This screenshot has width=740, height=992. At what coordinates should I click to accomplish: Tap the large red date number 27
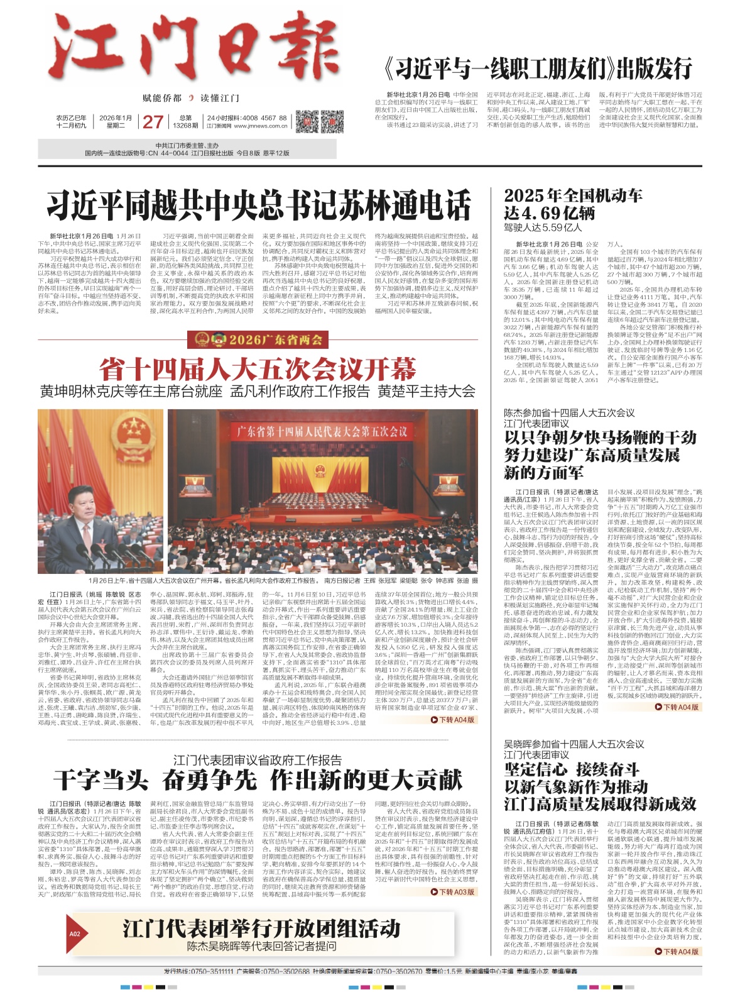(153, 121)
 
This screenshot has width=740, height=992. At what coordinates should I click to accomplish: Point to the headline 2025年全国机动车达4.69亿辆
(573, 203)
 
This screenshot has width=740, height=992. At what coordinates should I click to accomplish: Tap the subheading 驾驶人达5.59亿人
(543, 228)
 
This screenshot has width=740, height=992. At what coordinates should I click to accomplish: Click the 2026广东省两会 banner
(258, 340)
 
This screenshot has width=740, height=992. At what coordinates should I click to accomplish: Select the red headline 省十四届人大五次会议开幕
(258, 368)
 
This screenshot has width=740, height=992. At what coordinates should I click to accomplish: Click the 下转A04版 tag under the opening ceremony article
(452, 719)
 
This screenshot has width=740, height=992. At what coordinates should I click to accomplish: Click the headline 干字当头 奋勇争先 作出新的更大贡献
(258, 780)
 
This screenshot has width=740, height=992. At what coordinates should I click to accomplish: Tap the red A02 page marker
(75, 934)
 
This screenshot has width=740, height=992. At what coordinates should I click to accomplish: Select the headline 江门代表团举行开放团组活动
(261, 929)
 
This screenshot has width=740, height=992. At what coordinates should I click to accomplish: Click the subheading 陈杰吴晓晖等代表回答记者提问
(261, 945)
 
